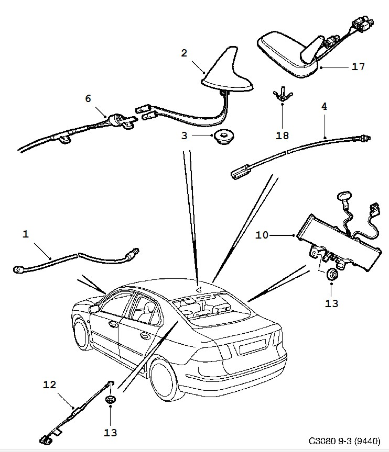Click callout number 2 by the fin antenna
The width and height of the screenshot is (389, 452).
[x=184, y=53]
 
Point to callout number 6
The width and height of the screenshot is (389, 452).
[x=88, y=98]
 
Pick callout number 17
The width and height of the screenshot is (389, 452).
[x=359, y=67]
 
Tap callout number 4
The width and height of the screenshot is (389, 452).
[x=325, y=106]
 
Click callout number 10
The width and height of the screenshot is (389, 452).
[x=262, y=235]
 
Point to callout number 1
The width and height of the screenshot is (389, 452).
[x=26, y=234]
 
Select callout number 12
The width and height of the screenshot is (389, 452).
[x=49, y=385]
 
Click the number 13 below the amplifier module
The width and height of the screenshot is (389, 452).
[x=332, y=303]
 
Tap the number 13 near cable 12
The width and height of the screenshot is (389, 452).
[x=111, y=432]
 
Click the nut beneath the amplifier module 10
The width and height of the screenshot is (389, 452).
[x=332, y=274]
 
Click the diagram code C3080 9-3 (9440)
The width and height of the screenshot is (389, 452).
[x=344, y=441]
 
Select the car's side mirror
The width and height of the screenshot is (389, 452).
[x=95, y=309]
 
